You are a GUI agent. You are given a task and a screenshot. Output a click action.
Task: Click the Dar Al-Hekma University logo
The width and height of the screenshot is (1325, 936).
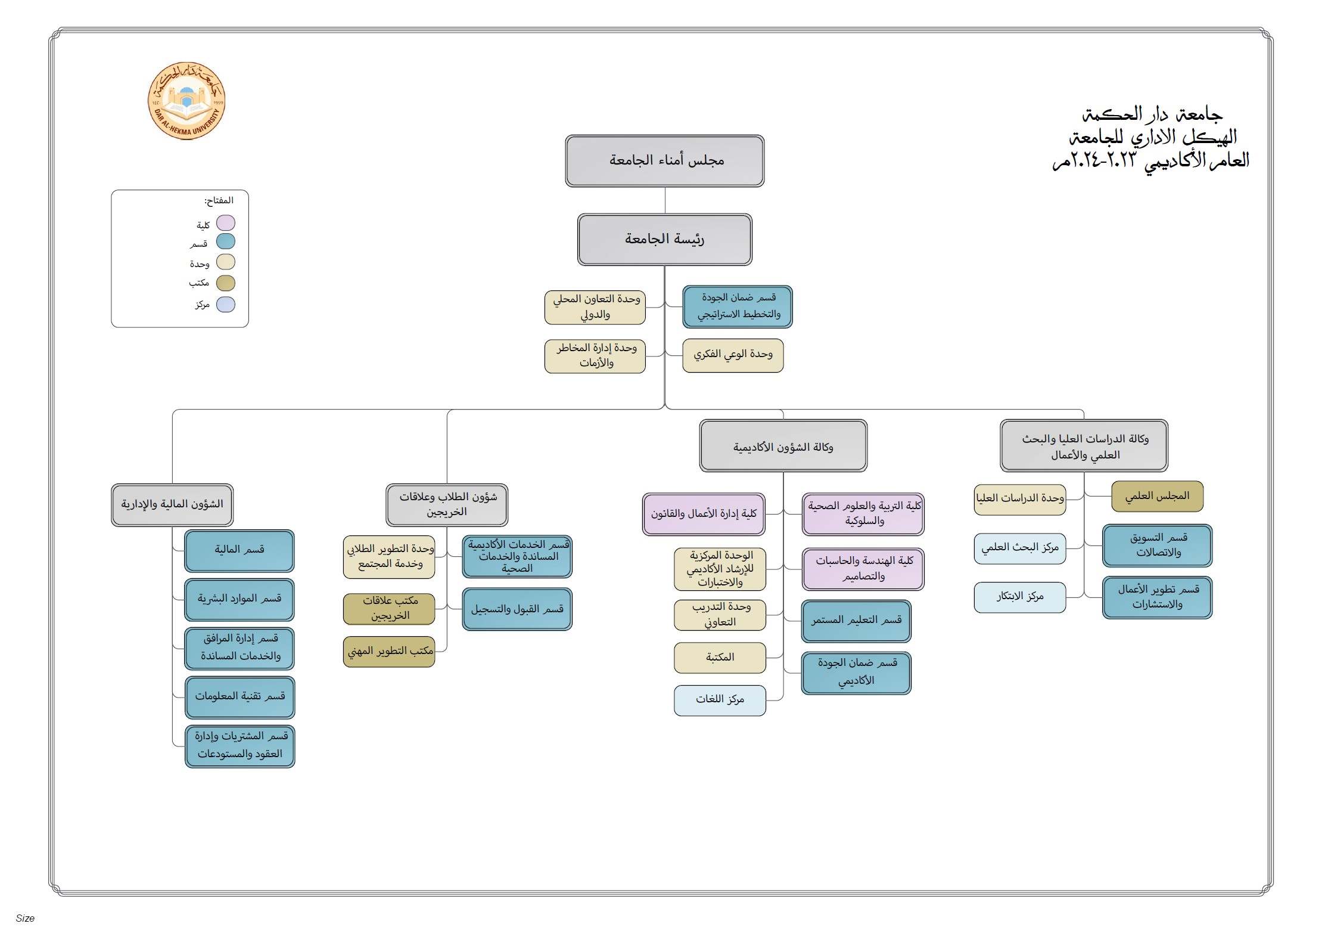tap(186, 101)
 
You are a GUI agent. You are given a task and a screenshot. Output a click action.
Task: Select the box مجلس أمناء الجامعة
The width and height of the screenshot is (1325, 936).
tap(665, 161)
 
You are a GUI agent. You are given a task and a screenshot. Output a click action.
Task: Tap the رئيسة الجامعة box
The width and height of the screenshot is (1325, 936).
tap(665, 240)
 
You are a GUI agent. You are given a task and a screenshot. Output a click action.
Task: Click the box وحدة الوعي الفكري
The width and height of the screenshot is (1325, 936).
tap(733, 355)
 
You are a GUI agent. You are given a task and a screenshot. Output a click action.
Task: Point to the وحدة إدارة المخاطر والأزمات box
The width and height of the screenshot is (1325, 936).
tap(595, 356)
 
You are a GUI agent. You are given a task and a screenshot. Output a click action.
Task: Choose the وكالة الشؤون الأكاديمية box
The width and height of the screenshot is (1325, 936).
tap(783, 446)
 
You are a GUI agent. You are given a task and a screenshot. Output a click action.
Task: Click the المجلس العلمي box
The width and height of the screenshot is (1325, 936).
tap(1158, 496)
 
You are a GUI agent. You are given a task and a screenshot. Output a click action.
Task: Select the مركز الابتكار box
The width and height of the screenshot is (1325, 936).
tap(1020, 597)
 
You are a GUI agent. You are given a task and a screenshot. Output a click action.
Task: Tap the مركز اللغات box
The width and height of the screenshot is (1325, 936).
tap(720, 700)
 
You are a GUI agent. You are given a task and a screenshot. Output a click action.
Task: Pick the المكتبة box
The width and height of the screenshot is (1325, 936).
tap(720, 658)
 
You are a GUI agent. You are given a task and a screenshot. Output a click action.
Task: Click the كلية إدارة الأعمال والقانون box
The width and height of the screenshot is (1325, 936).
tap(704, 514)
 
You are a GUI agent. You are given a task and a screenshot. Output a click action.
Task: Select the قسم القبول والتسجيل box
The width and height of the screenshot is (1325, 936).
tap(517, 609)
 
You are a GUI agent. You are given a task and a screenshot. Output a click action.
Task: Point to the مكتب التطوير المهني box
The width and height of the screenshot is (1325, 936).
tap(389, 652)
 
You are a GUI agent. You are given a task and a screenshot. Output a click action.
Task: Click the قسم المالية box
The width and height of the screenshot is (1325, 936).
tap(240, 551)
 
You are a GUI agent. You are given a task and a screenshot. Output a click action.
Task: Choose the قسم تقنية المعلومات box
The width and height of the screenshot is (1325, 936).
tap(240, 698)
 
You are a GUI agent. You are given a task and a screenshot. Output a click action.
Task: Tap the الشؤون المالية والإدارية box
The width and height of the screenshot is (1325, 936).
tap(172, 505)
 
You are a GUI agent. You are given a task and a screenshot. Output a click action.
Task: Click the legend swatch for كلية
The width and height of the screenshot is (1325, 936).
tap(226, 223)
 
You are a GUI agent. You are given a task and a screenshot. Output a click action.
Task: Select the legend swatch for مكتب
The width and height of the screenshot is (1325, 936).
tap(226, 283)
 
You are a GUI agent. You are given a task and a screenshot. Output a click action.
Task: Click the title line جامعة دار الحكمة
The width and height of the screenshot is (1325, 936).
tap(1152, 113)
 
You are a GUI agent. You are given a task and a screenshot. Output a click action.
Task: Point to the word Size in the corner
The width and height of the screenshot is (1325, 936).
tap(25, 918)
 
